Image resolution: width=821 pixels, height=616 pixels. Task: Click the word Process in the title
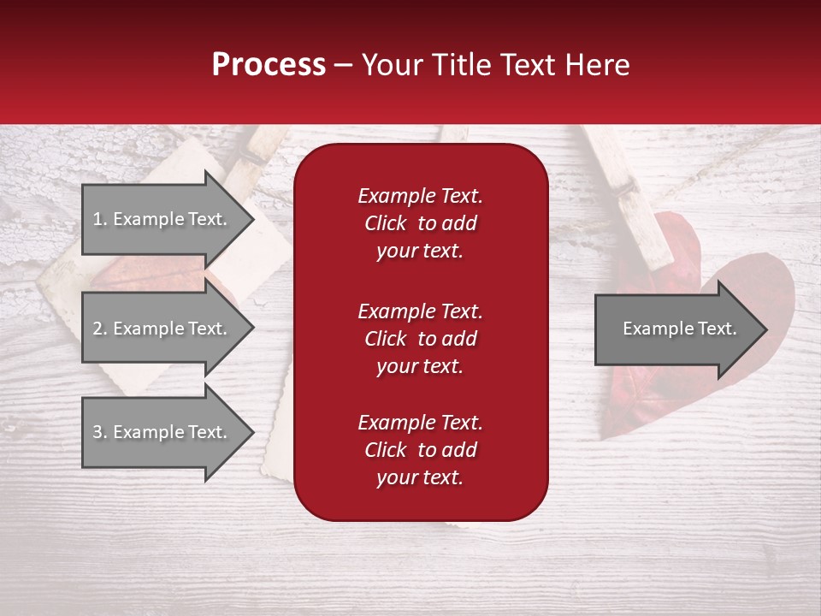pos(269,65)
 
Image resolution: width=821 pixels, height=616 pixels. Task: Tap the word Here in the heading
pos(597,65)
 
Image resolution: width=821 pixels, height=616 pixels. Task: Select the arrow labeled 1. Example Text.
pos(162,219)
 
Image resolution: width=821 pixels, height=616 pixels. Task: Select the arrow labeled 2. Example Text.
pos(162,329)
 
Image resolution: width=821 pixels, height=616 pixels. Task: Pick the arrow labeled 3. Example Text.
pos(162,432)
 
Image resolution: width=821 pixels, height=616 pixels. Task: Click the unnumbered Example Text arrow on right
pos(676,329)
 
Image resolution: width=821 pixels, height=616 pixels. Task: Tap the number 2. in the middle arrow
pos(100,329)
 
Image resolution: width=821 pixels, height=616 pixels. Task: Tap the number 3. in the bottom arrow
pos(100,432)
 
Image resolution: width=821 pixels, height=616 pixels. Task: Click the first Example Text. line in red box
pos(420,196)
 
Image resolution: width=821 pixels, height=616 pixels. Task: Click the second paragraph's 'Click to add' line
pos(420,339)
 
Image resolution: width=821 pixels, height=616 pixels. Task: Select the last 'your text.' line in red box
pos(420,478)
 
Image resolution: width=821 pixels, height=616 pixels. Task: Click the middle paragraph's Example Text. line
pos(420,311)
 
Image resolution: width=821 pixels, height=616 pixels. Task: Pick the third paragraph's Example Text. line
pos(420,423)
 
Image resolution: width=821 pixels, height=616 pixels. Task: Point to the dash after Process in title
pos(343,66)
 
